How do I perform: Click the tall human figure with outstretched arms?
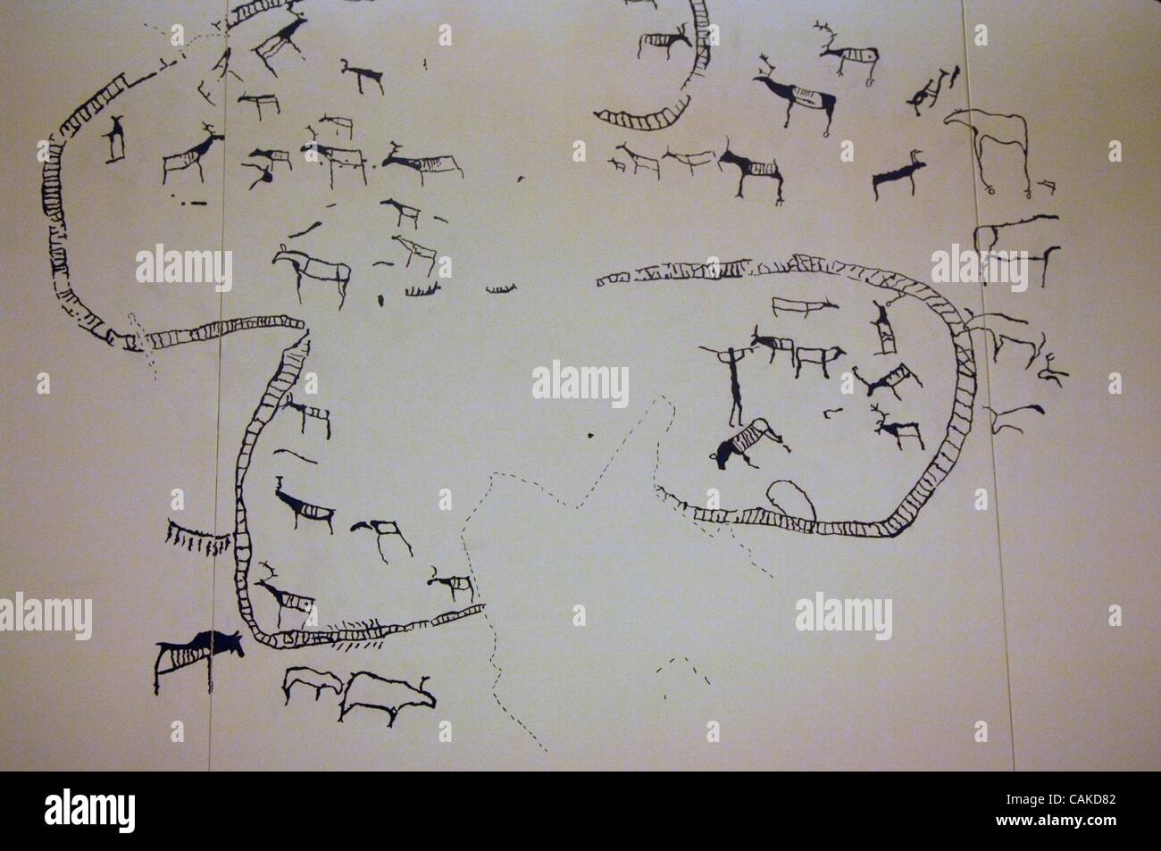(735, 384)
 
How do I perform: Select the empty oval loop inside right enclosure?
(790, 499)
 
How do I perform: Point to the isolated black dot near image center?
(590, 435)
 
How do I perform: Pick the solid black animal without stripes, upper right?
(898, 179)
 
